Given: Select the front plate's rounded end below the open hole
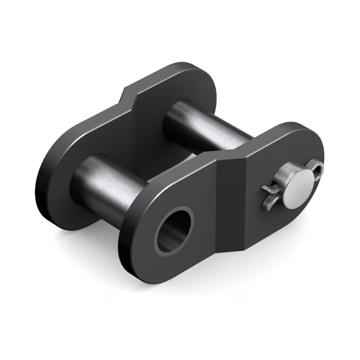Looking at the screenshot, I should point(165,270).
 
